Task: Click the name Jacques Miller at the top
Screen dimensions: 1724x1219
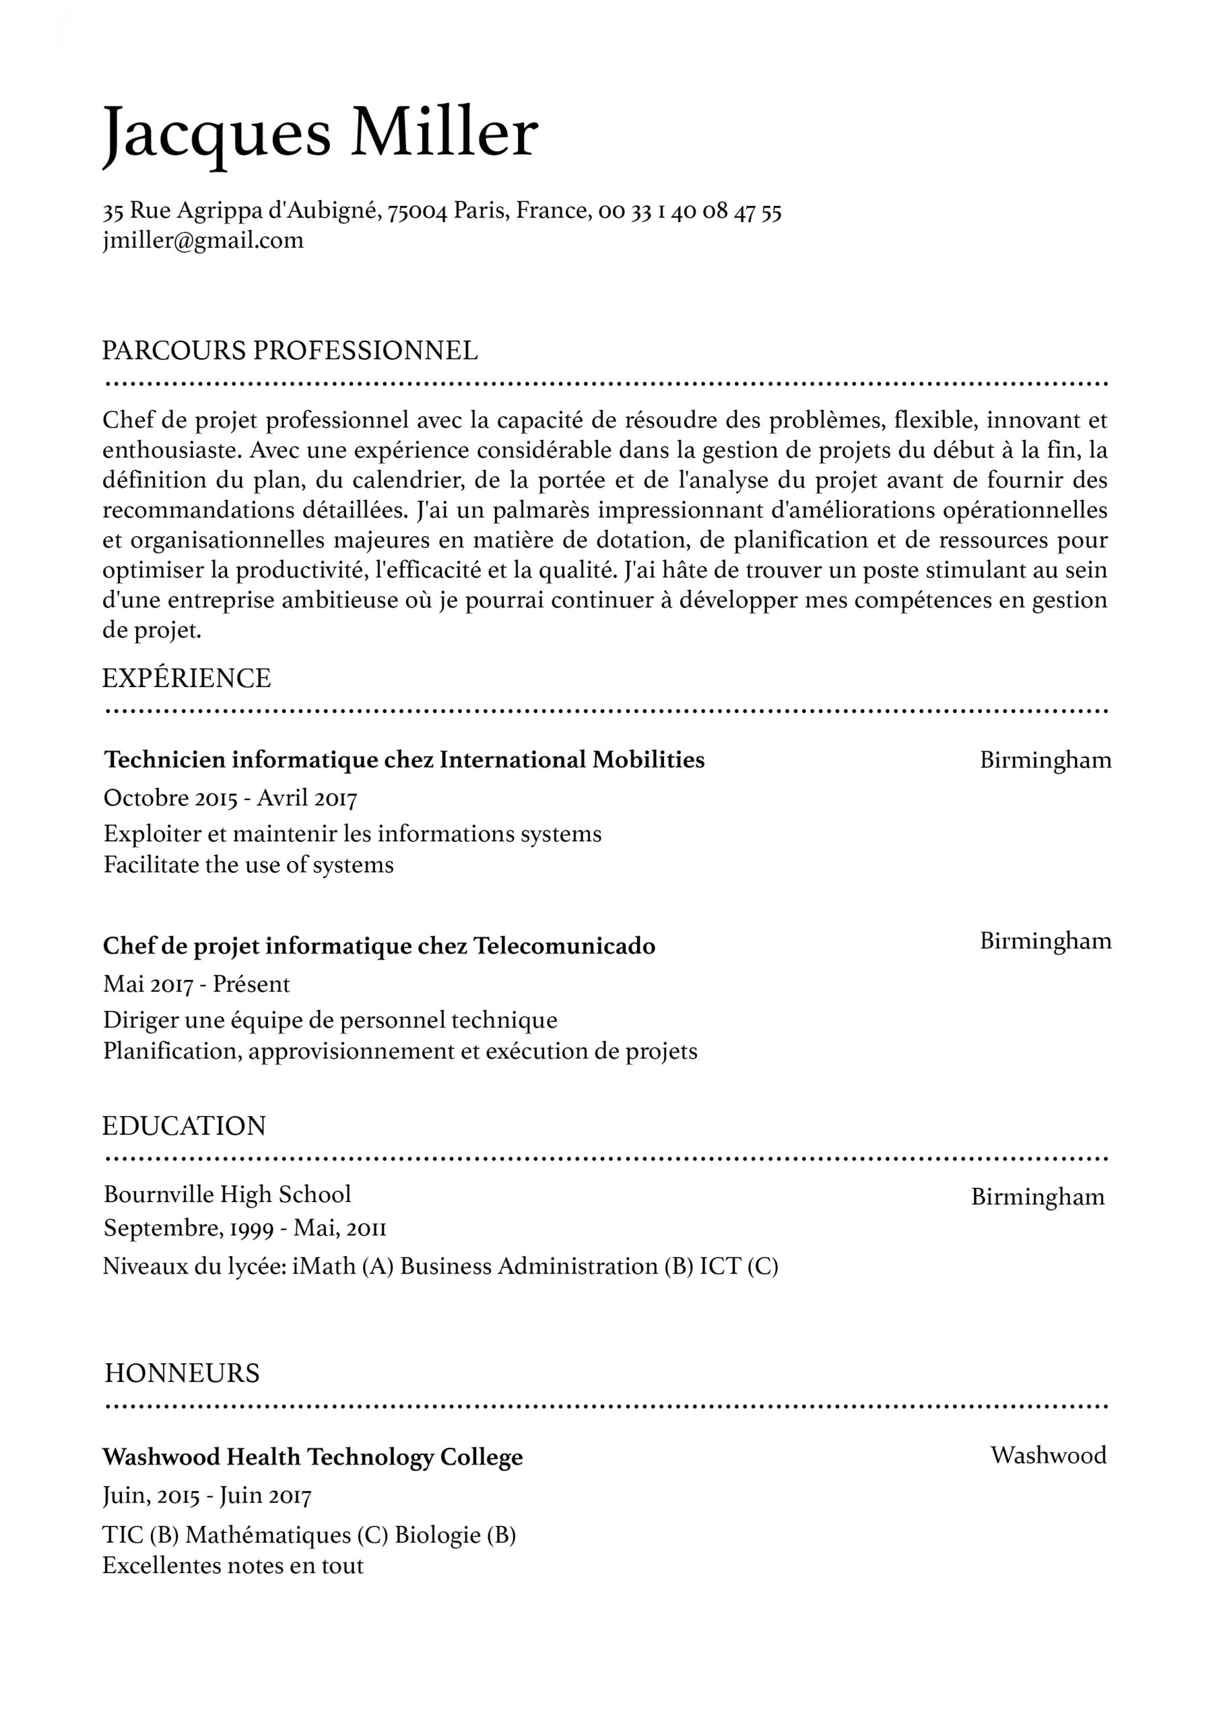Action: point(320,133)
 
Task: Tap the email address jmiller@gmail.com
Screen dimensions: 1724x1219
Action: point(203,241)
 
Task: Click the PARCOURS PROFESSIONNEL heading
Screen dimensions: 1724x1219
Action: point(290,351)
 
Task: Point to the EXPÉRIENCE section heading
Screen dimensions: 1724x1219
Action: point(187,678)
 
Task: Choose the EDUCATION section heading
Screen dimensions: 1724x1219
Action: point(184,1125)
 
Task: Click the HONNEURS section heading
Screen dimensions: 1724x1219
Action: point(182,1372)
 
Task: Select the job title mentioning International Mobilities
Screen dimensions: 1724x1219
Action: point(404,760)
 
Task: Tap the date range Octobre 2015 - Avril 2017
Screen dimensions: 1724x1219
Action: point(230,797)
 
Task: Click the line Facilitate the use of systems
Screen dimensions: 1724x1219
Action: point(249,865)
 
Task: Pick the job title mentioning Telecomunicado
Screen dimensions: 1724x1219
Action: point(379,946)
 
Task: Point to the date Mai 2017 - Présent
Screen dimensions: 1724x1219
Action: point(196,984)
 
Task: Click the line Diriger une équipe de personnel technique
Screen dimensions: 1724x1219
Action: point(331,1020)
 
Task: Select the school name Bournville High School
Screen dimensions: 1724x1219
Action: point(227,1194)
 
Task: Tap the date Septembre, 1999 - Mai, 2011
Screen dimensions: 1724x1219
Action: point(245,1228)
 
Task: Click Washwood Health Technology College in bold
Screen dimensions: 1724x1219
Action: point(312,1457)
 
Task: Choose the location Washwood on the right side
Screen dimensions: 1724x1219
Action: point(1049,1455)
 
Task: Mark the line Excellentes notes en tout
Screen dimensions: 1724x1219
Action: point(233,1566)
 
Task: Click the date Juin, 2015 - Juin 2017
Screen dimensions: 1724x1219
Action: point(207,1496)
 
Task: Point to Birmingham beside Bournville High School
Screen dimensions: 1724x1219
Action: point(1038,1196)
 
